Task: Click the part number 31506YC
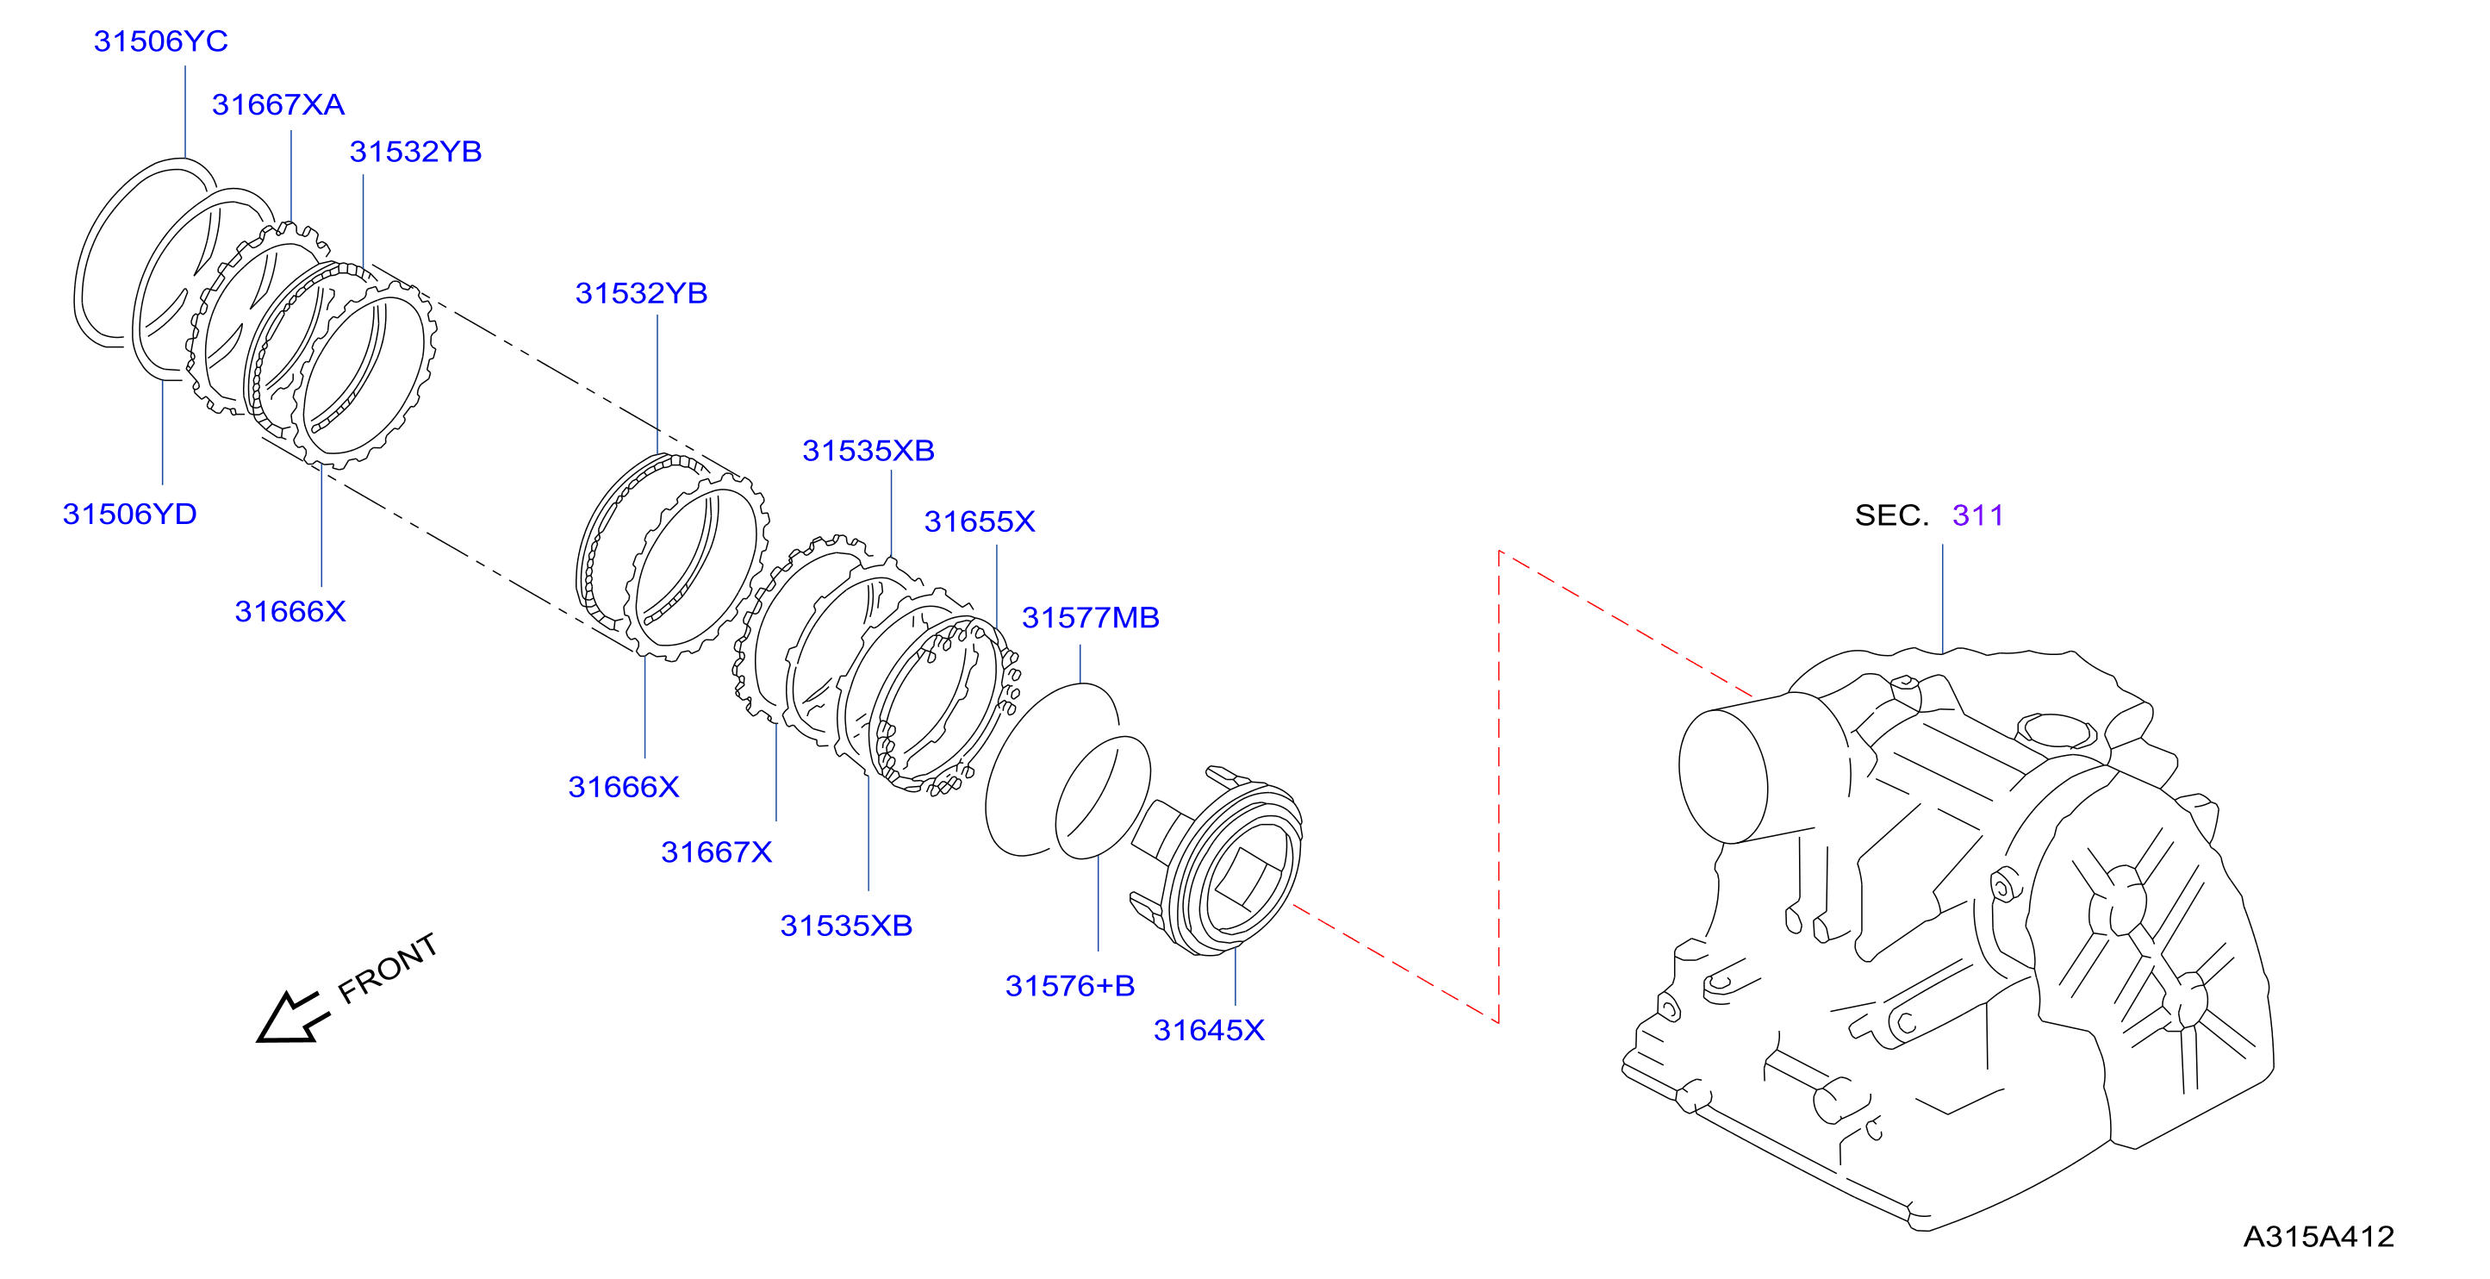[160, 41]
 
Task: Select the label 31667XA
[278, 104]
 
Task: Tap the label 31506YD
[129, 514]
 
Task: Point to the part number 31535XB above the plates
[868, 451]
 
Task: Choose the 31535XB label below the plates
[846, 925]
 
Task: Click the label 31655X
[979, 522]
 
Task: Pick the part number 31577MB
[1090, 618]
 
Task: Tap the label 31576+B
[1069, 986]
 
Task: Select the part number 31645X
[1208, 1031]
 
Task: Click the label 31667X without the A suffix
[716, 852]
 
